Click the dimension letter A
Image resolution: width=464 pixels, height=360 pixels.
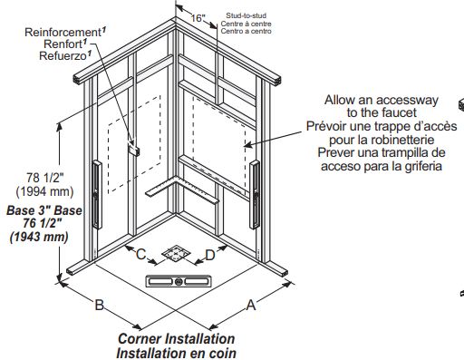tap(251, 305)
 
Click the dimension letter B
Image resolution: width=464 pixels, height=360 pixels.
tap(100, 305)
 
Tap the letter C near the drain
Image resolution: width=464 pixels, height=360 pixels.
tap(141, 254)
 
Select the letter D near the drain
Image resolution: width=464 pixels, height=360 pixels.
tap(210, 255)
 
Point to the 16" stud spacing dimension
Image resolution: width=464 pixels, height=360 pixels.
tap(198, 18)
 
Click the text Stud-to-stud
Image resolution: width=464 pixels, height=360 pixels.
tap(246, 15)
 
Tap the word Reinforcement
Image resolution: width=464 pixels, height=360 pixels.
tap(63, 32)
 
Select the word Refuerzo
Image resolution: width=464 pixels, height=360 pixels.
tap(63, 56)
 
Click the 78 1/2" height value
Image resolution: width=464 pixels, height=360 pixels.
tap(45, 178)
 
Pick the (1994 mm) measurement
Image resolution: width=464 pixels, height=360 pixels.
tap(44, 191)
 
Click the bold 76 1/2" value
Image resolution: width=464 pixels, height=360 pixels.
tap(43, 223)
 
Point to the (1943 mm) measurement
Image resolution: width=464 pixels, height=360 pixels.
tap(39, 237)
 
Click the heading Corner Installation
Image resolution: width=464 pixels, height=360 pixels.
tap(176, 339)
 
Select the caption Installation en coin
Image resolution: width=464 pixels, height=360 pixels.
tap(176, 353)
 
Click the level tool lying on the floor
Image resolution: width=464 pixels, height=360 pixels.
tap(179, 281)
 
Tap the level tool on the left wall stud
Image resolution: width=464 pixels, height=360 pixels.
tap(97, 195)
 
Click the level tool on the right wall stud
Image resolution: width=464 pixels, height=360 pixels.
tap(255, 195)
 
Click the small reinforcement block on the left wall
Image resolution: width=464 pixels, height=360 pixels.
tap(133, 149)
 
